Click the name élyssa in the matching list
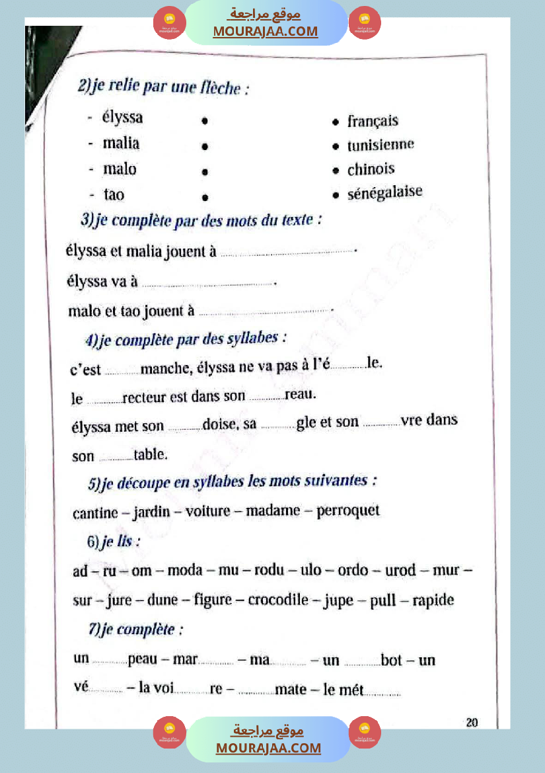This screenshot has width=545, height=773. [x=122, y=118]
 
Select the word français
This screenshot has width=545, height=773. [x=373, y=121]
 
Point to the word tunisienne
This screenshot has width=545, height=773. [x=381, y=145]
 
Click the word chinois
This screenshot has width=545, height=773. [x=371, y=169]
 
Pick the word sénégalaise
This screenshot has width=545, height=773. [x=384, y=193]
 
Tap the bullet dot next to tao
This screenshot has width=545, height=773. [x=205, y=197]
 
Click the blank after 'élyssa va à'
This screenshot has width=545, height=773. [x=207, y=284]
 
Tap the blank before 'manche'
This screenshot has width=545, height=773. [x=122, y=373]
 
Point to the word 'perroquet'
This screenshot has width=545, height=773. [x=348, y=511]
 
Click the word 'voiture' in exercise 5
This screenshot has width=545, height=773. [x=208, y=511]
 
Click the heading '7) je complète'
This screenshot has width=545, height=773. [x=135, y=630]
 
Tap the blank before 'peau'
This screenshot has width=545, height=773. [x=109, y=662]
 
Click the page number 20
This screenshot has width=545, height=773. [x=472, y=722]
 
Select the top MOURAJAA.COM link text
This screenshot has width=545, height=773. [x=266, y=32]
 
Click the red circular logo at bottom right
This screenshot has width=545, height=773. [x=365, y=733]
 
